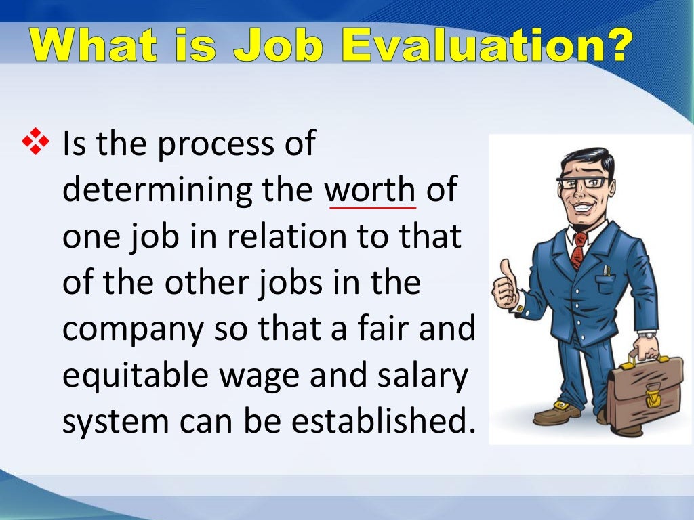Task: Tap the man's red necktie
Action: [577, 249]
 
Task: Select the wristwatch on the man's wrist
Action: [647, 334]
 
